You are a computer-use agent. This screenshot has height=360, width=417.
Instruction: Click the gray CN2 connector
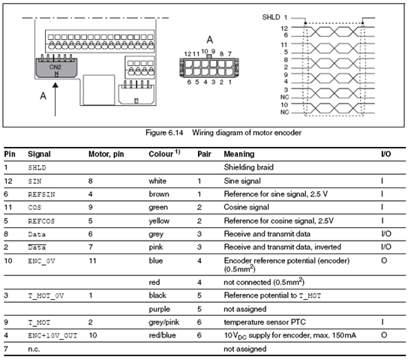click(x=56, y=67)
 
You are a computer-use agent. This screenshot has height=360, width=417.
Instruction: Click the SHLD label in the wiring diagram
click(x=271, y=17)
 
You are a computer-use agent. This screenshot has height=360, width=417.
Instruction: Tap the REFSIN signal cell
click(x=41, y=194)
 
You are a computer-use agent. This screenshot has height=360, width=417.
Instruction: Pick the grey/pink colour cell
click(x=163, y=322)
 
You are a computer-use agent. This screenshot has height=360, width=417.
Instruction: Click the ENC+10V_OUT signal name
click(x=52, y=335)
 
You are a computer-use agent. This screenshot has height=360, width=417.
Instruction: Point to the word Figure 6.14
click(x=164, y=133)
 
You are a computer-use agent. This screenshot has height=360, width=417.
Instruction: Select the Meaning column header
click(x=239, y=154)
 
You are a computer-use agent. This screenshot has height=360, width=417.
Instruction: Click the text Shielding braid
click(x=249, y=167)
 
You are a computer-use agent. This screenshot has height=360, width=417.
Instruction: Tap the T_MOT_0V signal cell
click(x=46, y=295)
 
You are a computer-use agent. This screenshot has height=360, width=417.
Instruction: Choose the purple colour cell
click(x=159, y=309)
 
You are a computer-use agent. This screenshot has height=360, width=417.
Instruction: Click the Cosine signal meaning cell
click(x=246, y=207)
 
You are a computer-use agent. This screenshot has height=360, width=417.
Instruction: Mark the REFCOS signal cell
click(x=41, y=221)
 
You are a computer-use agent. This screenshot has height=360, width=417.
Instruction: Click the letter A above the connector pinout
click(x=210, y=40)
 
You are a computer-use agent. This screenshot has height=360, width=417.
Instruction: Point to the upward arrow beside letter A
click(x=55, y=99)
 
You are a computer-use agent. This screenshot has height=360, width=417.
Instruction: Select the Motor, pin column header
click(x=106, y=154)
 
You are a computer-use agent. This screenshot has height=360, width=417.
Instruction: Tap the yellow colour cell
click(x=159, y=220)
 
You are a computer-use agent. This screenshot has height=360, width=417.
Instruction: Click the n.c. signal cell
click(x=34, y=349)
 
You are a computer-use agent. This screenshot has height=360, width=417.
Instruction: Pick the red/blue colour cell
click(x=162, y=335)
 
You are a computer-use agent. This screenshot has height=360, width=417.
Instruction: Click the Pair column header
click(x=204, y=154)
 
